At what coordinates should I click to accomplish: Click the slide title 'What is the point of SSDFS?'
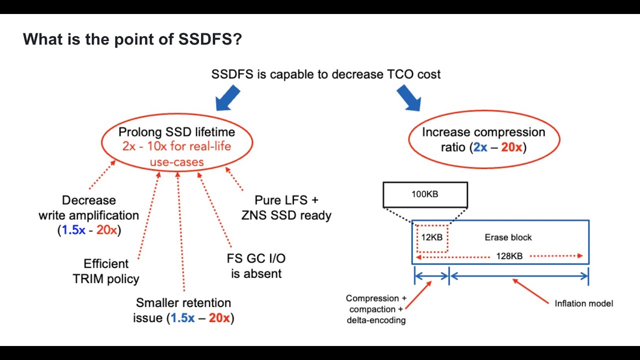pyautogui.click(x=132, y=39)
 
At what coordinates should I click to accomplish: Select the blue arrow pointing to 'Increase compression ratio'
pyautogui.click(x=408, y=97)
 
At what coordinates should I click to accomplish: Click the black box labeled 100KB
pyautogui.click(x=425, y=194)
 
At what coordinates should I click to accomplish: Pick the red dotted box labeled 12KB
pyautogui.click(x=431, y=237)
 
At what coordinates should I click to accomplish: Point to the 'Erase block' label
pyautogui.click(x=508, y=237)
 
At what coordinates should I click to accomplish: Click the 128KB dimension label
pyautogui.click(x=509, y=256)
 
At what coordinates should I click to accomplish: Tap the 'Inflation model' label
pyautogui.click(x=583, y=303)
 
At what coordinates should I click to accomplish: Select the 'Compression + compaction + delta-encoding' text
pyautogui.click(x=376, y=309)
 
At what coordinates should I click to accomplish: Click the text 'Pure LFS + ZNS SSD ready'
pyautogui.click(x=286, y=208)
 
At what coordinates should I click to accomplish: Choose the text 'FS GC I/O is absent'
pyautogui.click(x=256, y=266)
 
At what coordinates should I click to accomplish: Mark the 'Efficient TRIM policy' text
pyautogui.click(x=106, y=271)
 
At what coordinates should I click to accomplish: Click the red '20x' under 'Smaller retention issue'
pyautogui.click(x=219, y=318)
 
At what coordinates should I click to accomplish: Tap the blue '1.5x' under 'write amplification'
pyautogui.click(x=71, y=230)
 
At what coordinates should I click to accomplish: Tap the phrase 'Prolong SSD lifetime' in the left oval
pyautogui.click(x=176, y=132)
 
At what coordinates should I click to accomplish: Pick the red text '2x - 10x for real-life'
pyautogui.click(x=177, y=147)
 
